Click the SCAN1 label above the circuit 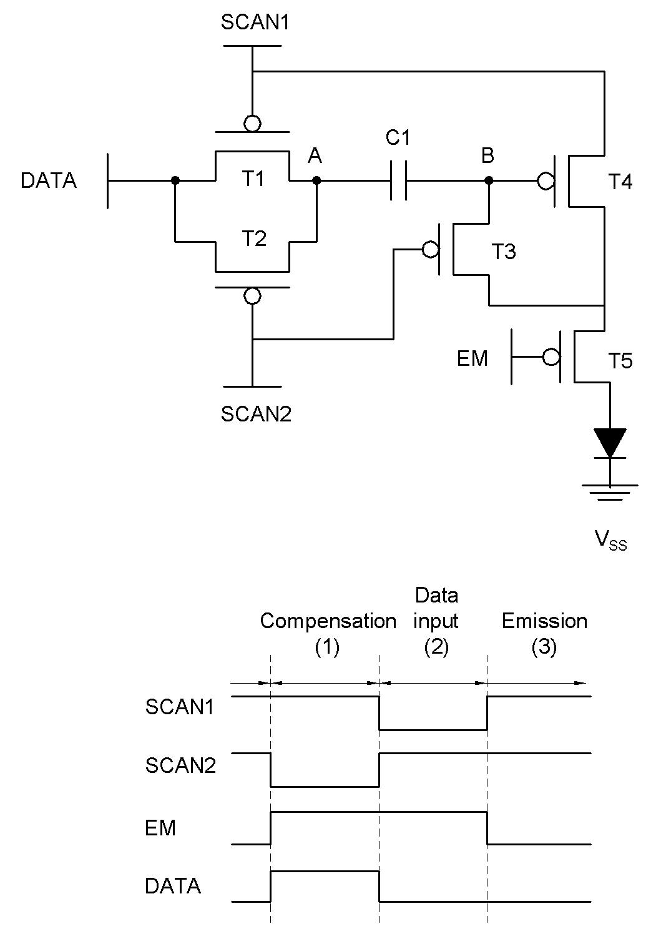click(255, 22)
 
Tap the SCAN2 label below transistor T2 click(256, 414)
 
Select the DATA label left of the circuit click(49, 180)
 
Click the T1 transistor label click(253, 179)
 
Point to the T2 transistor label click(254, 238)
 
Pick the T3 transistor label click(504, 252)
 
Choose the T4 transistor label click(620, 182)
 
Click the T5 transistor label click(620, 361)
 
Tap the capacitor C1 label click(398, 138)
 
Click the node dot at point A click(316, 181)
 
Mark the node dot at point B click(489, 181)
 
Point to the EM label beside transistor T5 click(472, 358)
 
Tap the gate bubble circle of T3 click(431, 250)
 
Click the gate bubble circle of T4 click(546, 181)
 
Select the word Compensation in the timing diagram click(328, 621)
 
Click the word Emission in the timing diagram click(544, 621)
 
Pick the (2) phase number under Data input click(436, 647)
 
